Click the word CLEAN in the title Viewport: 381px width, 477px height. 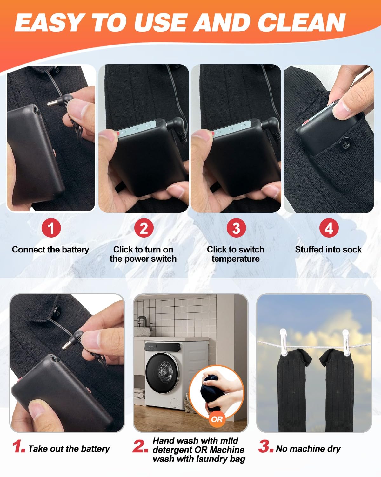click(302, 23)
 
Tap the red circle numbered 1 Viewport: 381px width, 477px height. click(51, 228)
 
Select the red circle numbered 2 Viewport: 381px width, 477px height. click(144, 228)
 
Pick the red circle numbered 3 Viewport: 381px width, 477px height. click(237, 228)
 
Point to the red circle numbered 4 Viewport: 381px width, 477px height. click(329, 228)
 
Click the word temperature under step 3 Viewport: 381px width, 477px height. click(236, 259)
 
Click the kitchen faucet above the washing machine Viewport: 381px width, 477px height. click(141, 322)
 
